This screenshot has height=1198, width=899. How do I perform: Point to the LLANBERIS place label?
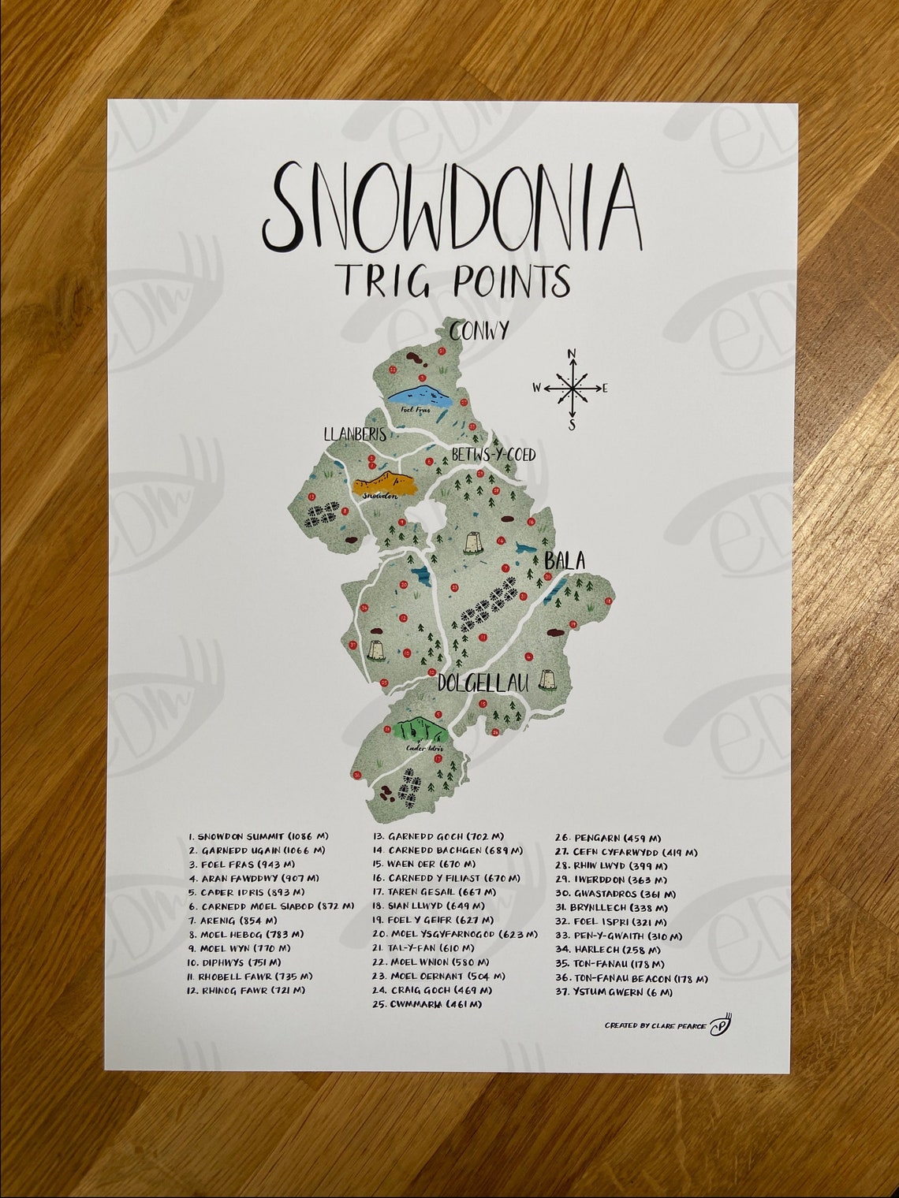(x=354, y=433)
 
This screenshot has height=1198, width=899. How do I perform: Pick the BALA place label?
(x=565, y=561)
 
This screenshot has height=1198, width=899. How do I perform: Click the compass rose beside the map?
(x=573, y=388)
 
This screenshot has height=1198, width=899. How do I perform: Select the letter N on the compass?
(x=573, y=353)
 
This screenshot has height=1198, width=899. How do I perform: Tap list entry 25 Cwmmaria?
(x=426, y=1004)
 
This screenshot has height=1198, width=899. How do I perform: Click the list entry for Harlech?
(x=608, y=949)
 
